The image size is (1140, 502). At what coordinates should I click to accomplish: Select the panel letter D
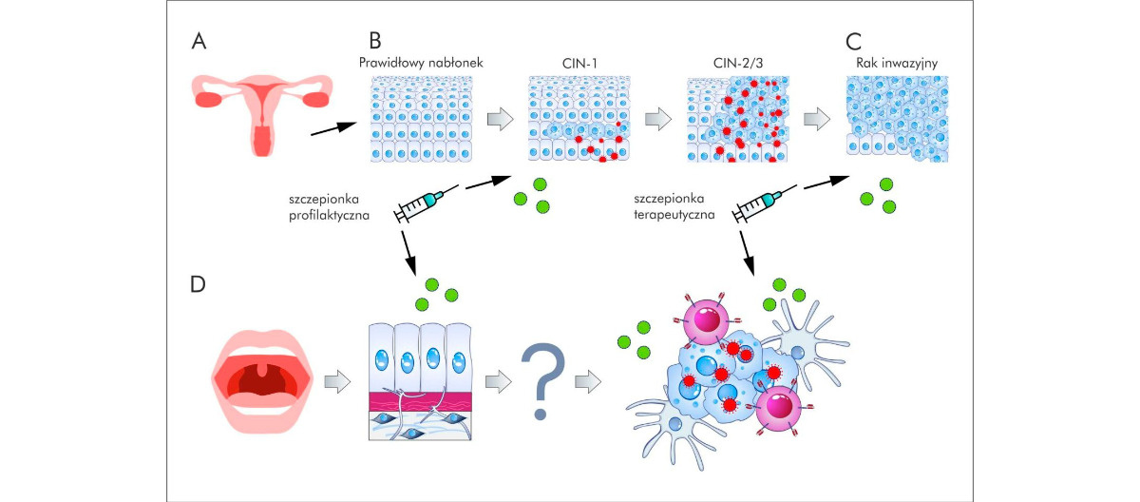click(x=199, y=284)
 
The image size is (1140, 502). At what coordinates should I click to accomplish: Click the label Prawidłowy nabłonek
click(x=422, y=63)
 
